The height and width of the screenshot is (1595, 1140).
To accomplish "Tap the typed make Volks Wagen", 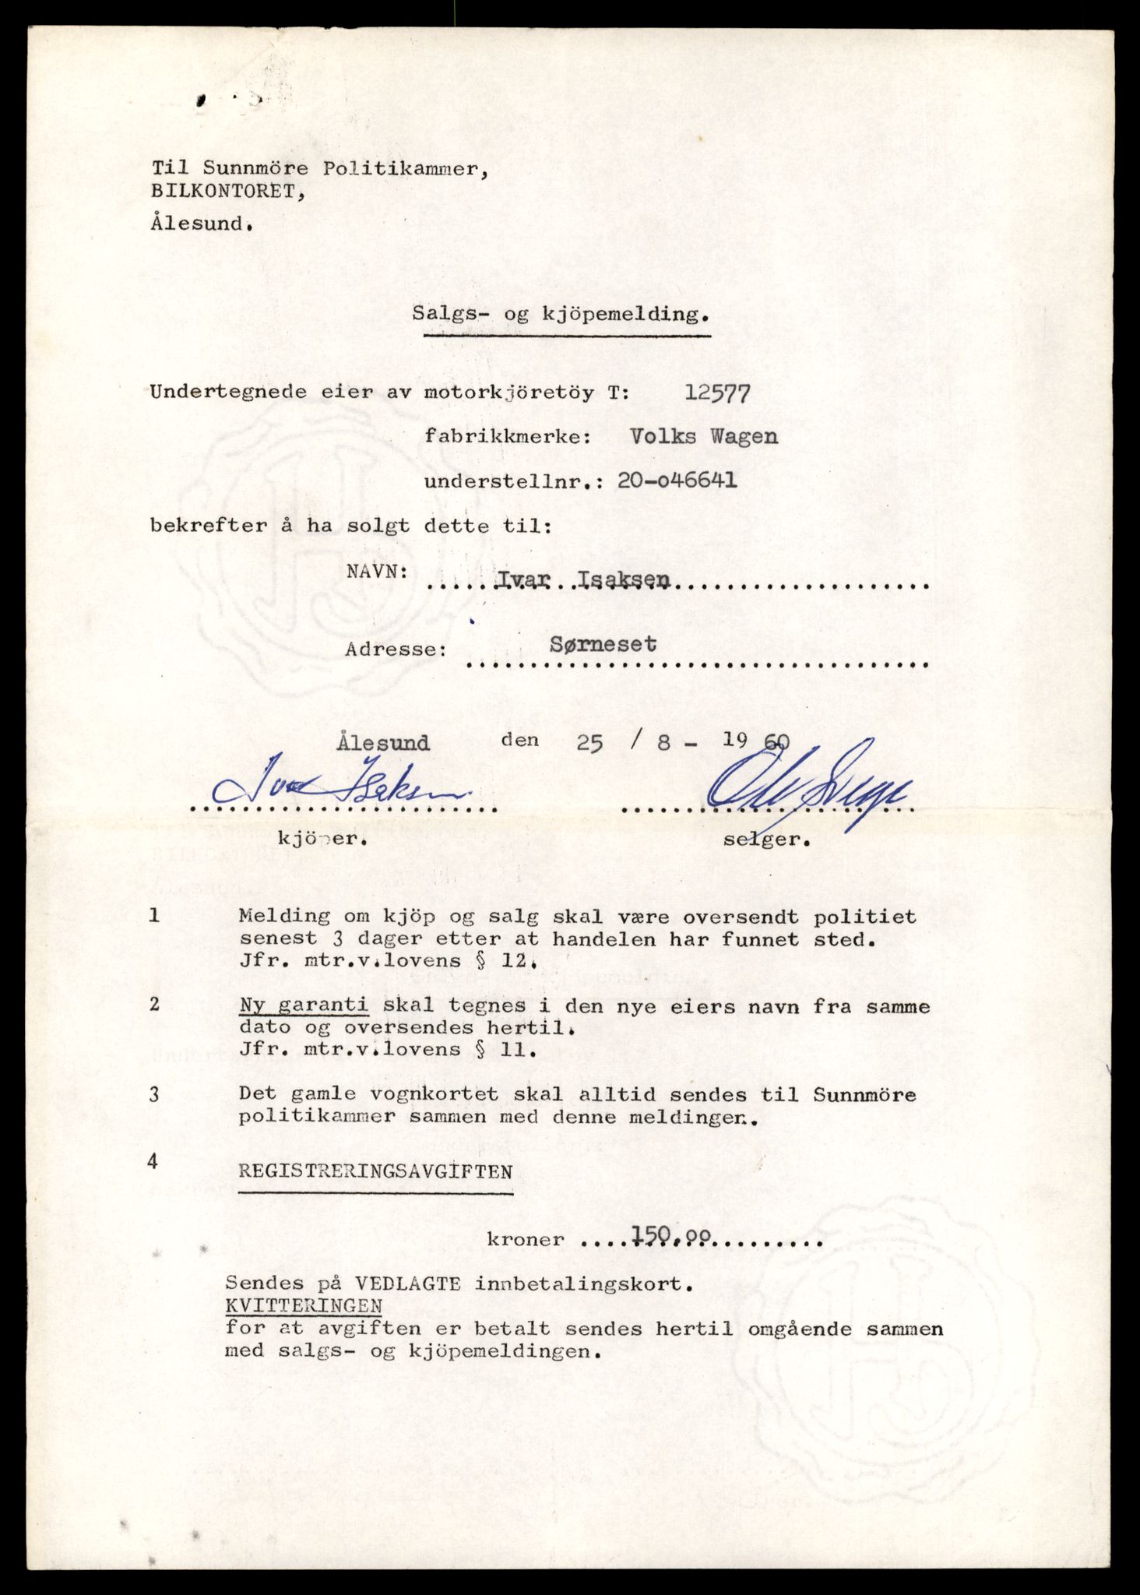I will pyautogui.click(x=704, y=437).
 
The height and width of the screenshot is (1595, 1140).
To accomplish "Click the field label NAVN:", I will pyautogui.click(x=378, y=571).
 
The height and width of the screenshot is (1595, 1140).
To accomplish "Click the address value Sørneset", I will pyautogui.click(x=603, y=645).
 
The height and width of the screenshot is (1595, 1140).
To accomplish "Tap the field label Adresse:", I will pyautogui.click(x=396, y=649).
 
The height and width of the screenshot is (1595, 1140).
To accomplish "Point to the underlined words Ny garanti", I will pyautogui.click(x=304, y=1006).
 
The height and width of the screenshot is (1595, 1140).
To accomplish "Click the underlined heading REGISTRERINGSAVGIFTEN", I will pyautogui.click(x=375, y=1171).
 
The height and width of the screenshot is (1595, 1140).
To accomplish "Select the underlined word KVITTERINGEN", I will pyautogui.click(x=304, y=1305).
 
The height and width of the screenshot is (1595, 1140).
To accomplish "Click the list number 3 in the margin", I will pyautogui.click(x=154, y=1095).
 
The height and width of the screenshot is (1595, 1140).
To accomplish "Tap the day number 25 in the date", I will pyautogui.click(x=589, y=743).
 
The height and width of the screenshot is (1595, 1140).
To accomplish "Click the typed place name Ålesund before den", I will pyautogui.click(x=384, y=742).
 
